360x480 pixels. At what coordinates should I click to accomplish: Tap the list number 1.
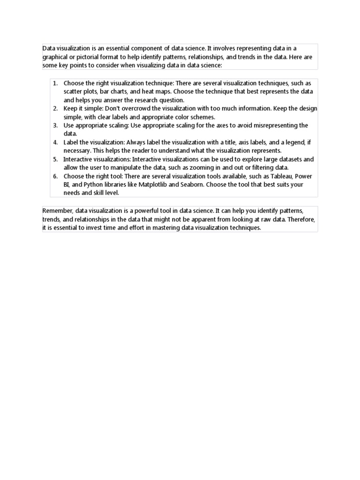[55, 83]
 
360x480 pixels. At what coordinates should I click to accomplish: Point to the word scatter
[73, 91]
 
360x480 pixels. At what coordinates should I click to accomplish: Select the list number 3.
[55, 125]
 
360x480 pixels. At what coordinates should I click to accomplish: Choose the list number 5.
[55, 159]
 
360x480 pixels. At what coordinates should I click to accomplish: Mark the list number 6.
[55, 176]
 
